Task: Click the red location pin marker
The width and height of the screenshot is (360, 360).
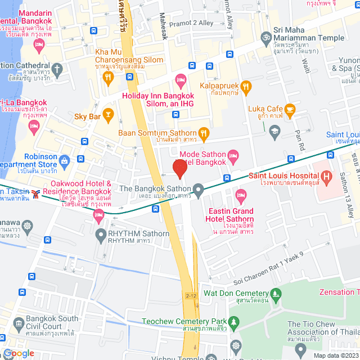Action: point(179,169)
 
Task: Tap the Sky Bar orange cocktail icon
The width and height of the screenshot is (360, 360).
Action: point(109,116)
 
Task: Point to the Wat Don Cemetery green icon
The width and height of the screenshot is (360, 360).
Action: point(276,293)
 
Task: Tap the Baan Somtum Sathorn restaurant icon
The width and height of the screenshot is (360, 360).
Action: point(204,133)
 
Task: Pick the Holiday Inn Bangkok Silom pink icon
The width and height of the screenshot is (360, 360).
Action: point(181,79)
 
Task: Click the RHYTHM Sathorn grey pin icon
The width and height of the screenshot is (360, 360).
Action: point(100,234)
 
